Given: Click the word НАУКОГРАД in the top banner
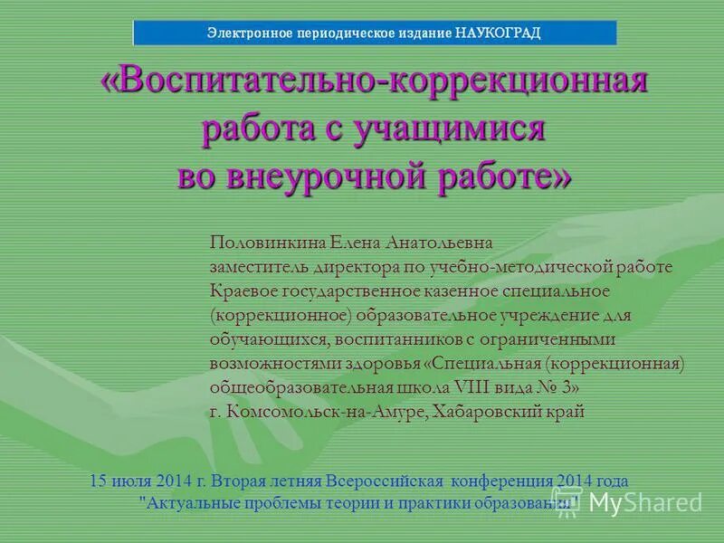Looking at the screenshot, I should click(498, 33).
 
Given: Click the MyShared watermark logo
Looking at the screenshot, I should click(633, 501).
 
